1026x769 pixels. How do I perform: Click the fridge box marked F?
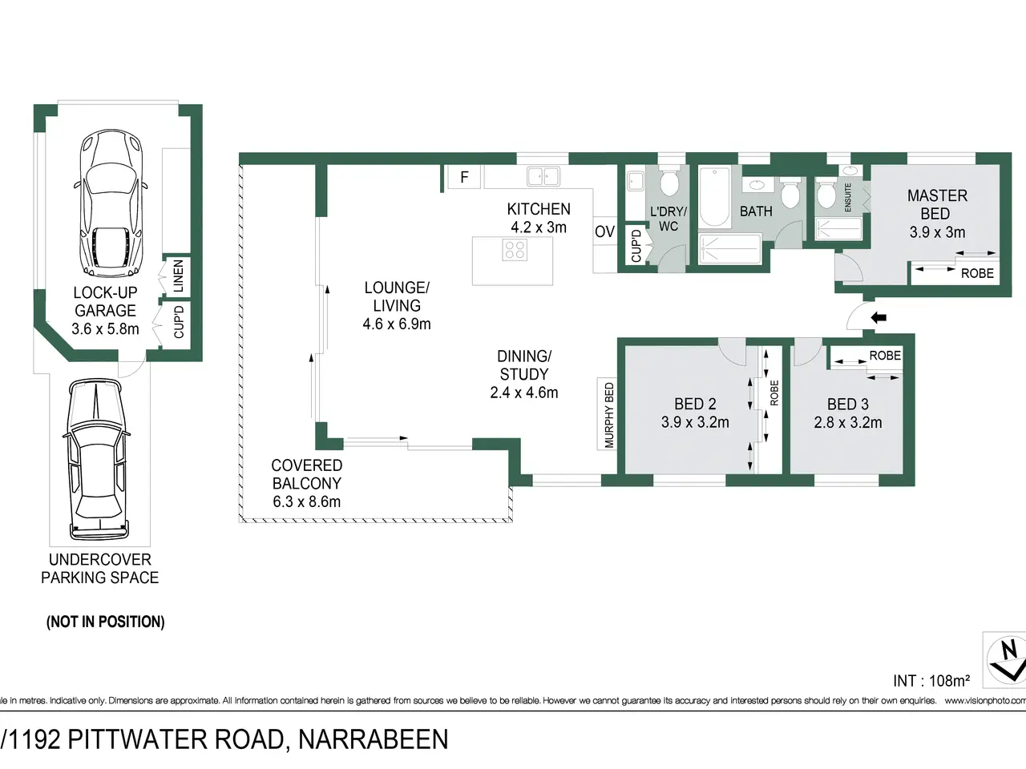click(463, 177)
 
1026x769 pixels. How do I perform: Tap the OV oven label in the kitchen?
click(604, 232)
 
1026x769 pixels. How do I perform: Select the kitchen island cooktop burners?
click(515, 250)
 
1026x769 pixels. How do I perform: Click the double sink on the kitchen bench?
click(543, 177)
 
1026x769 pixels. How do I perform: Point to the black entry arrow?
click(879, 318)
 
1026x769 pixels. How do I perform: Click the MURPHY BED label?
click(609, 415)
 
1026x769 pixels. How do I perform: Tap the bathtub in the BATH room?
click(714, 197)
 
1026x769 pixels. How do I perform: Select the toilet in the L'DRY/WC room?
click(669, 183)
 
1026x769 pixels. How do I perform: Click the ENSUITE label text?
click(848, 198)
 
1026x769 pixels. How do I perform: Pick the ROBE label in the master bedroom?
click(977, 274)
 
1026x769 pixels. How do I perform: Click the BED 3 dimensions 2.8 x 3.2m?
click(848, 423)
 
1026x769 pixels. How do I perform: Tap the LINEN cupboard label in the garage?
click(178, 276)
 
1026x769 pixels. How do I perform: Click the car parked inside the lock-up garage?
click(111, 204)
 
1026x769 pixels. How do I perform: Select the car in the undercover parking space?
click(97, 459)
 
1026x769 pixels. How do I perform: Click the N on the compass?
click(1009, 650)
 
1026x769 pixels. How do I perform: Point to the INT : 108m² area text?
click(931, 681)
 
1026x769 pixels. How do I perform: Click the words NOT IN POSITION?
click(105, 622)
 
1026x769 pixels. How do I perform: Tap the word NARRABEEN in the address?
click(373, 739)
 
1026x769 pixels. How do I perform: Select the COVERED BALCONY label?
click(307, 474)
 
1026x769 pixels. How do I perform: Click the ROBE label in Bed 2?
click(774, 393)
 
